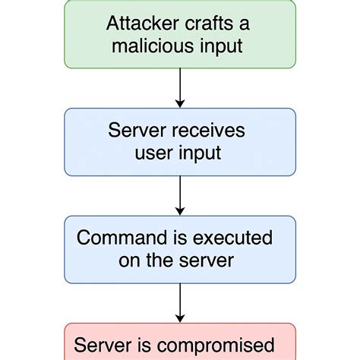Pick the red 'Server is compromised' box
[x=179, y=343]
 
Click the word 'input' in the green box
[x=219, y=46]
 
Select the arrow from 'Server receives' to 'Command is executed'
[x=179, y=197]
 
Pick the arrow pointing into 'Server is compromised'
[x=179, y=304]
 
